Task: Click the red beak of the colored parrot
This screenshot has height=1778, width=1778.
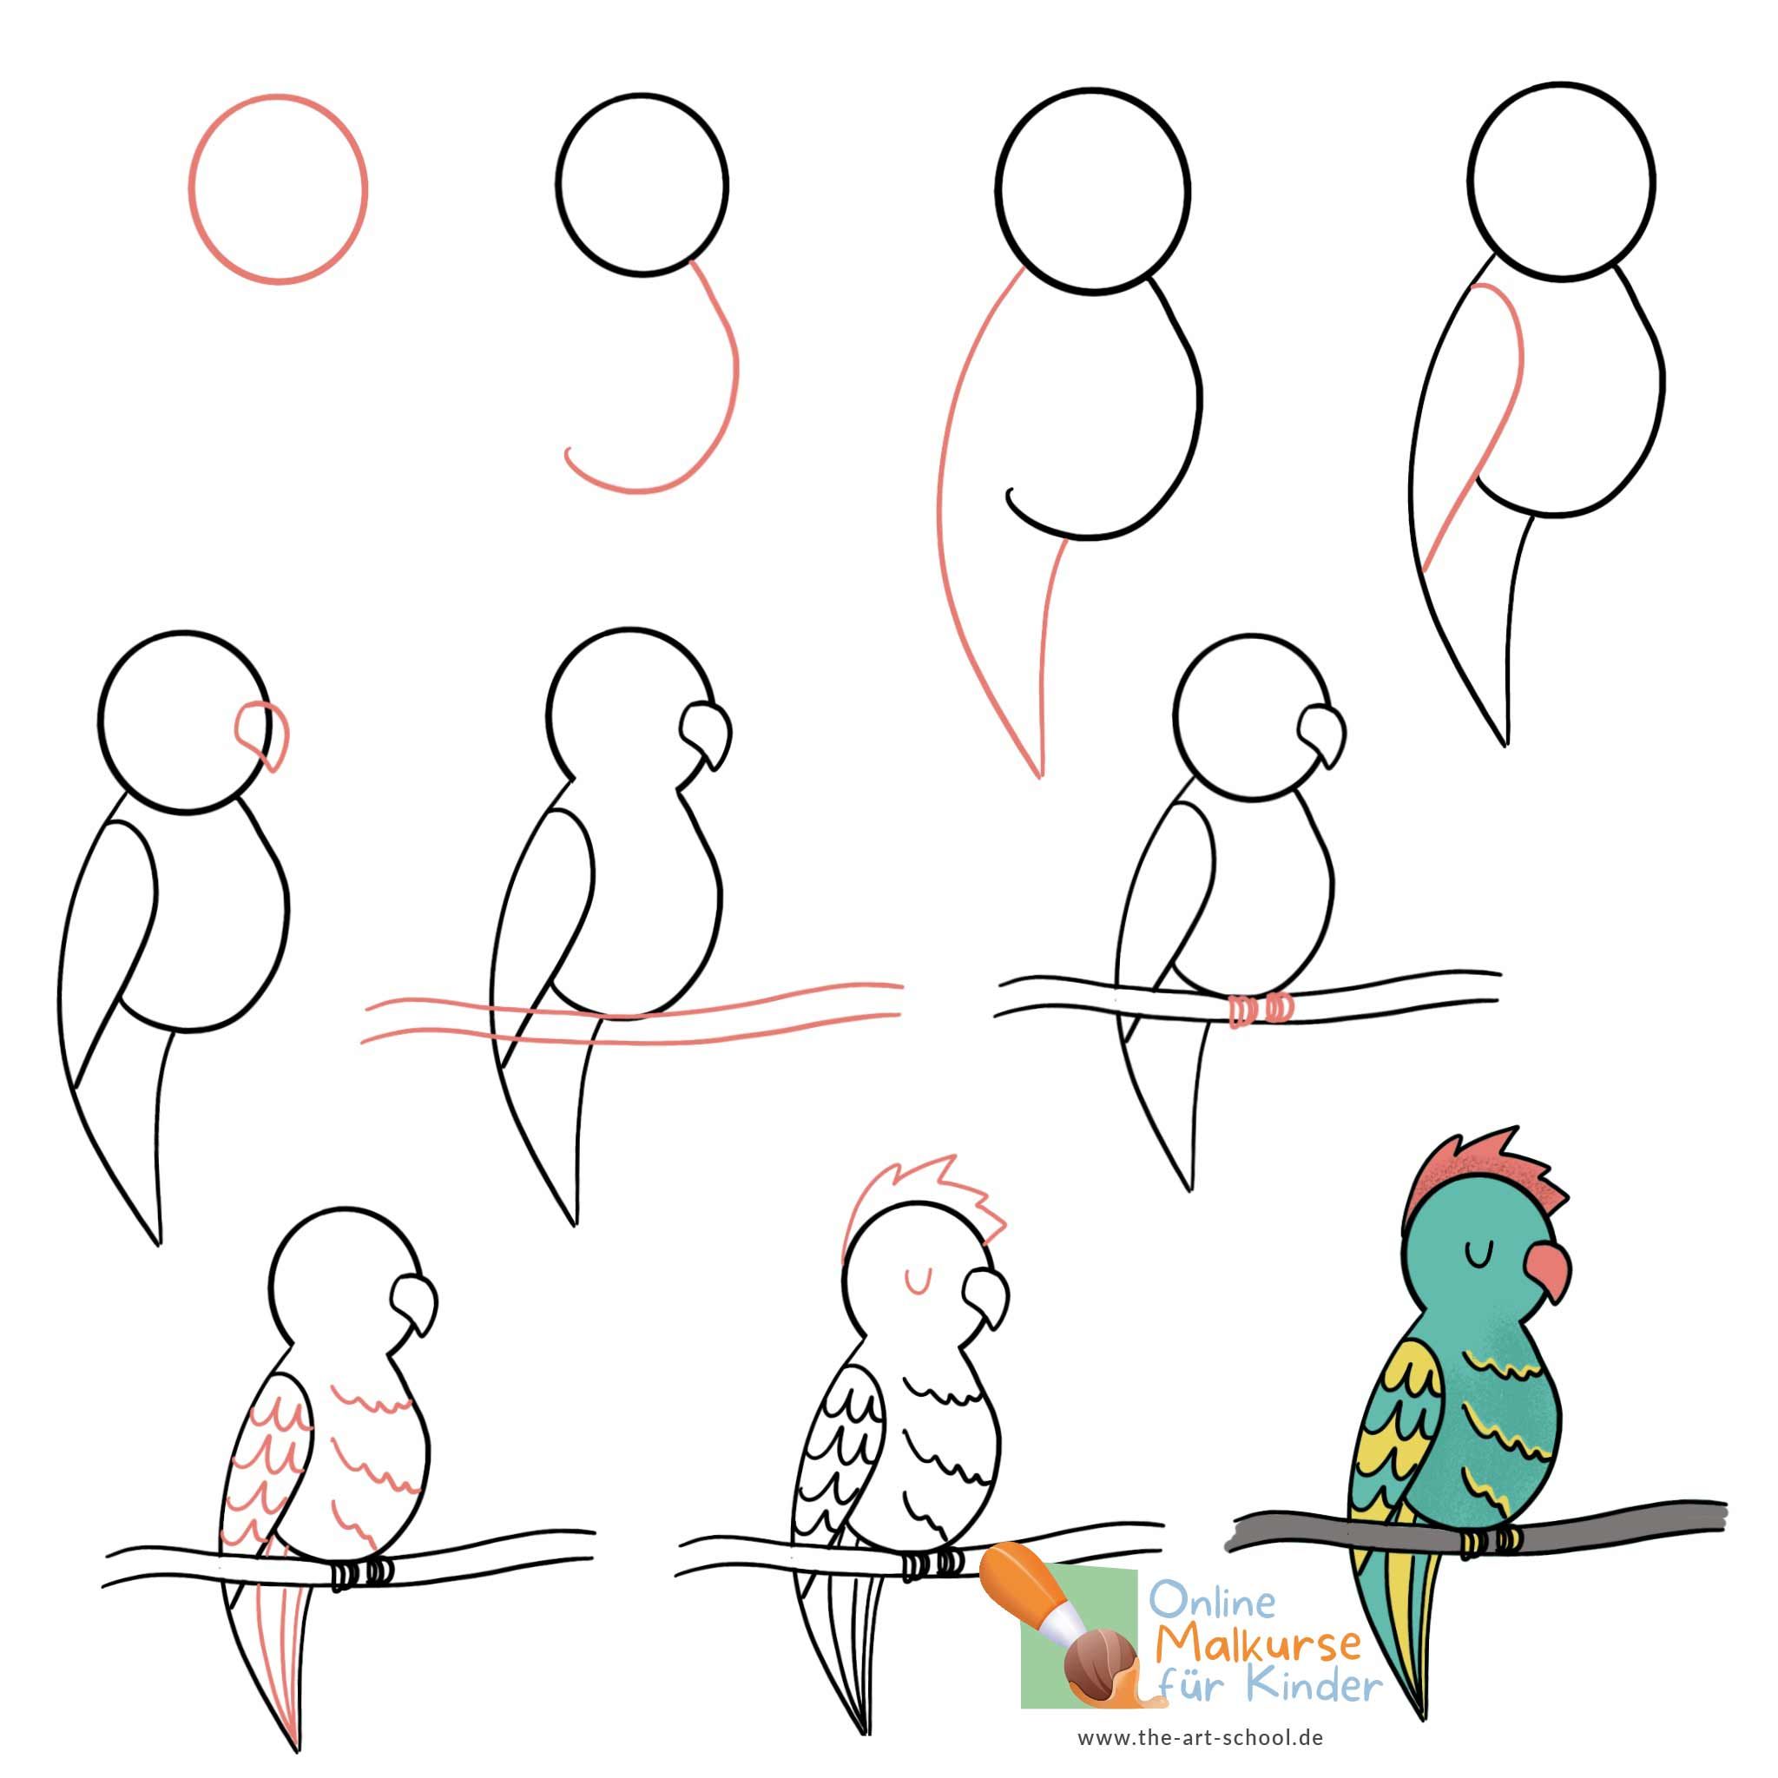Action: (x=1548, y=1277)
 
